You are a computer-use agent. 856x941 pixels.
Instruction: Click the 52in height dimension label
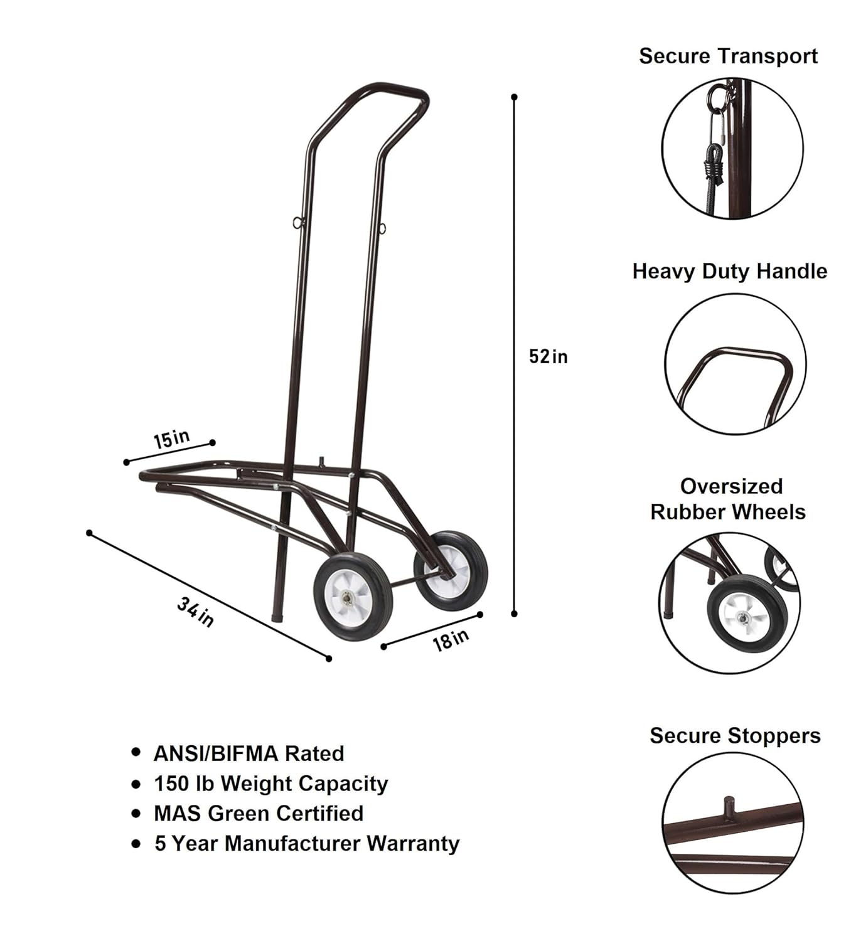548,356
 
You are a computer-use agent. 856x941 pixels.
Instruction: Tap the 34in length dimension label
195,612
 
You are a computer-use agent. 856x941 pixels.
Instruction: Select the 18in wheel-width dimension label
451,639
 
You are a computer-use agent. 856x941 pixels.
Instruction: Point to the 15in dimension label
171,438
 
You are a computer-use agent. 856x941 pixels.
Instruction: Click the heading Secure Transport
728,56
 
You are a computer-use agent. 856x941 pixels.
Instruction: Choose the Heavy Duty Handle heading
729,271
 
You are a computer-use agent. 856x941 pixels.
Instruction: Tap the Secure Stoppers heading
735,735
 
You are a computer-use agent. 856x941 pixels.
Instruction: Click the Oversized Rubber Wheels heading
728,499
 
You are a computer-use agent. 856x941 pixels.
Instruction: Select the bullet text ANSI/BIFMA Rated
249,753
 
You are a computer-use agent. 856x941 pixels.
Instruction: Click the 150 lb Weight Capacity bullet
270,784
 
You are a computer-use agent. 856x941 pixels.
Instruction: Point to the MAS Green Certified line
259,813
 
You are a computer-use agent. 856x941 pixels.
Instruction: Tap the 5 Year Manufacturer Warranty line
307,843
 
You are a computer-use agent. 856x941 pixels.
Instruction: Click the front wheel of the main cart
352,597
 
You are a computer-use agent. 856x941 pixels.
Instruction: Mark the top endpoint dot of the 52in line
515,97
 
